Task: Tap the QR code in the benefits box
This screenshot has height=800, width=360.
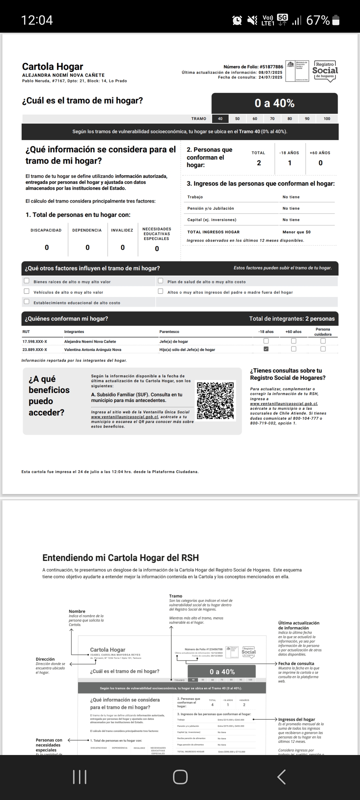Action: click(215, 400)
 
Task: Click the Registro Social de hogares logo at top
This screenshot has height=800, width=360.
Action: click(325, 70)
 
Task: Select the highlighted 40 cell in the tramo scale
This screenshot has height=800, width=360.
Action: click(220, 119)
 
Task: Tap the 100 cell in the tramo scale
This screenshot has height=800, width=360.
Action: click(327, 119)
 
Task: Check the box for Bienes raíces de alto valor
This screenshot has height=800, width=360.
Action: click(27, 281)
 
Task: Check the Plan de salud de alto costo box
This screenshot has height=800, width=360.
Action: click(160, 281)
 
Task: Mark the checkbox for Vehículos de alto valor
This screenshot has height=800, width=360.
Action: click(27, 291)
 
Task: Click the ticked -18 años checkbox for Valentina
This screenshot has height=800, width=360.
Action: click(266, 349)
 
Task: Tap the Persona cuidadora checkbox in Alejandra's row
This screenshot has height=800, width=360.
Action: click(323, 341)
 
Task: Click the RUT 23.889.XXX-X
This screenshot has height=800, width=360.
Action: click(35, 350)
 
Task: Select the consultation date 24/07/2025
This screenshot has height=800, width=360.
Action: click(270, 77)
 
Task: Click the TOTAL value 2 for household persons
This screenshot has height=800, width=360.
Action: click(259, 163)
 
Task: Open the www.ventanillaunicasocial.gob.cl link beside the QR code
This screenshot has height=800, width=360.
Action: click(125, 417)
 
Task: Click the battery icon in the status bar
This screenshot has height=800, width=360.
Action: click(336, 20)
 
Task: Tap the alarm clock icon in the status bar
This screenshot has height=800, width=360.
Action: click(237, 20)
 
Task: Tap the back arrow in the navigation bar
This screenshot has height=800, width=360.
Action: click(282, 777)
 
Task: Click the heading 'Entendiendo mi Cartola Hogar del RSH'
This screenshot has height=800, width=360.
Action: click(120, 558)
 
